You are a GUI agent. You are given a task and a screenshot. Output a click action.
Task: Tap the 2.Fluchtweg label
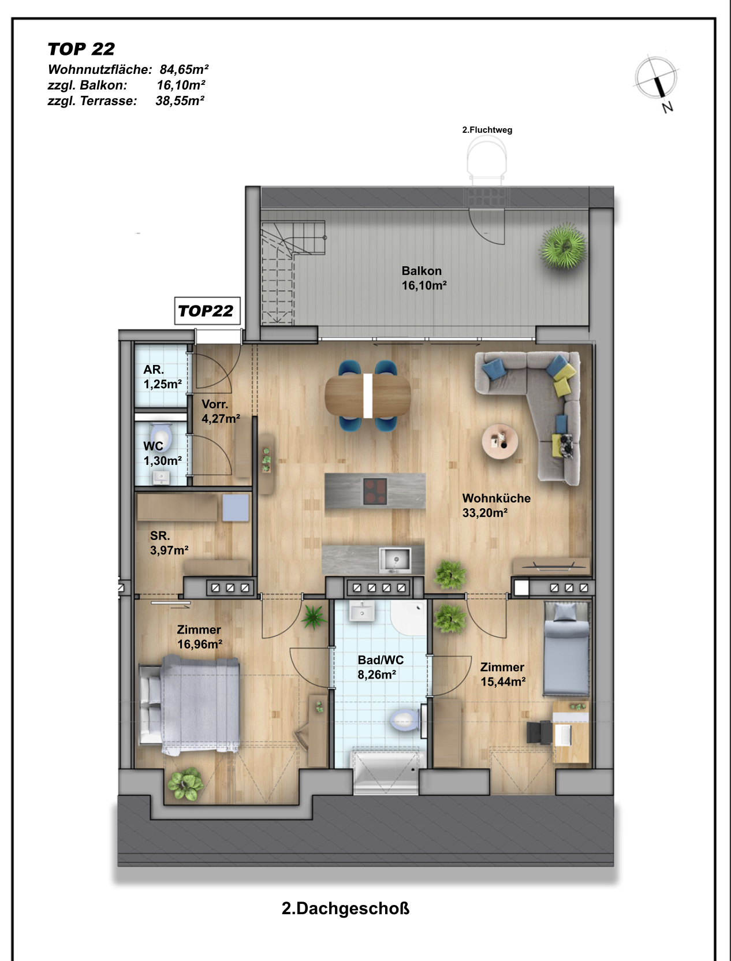point(487,129)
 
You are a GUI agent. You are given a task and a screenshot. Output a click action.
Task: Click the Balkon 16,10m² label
point(424,278)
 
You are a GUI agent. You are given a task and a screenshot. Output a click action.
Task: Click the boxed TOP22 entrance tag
point(207,311)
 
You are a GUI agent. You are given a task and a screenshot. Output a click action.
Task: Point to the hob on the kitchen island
point(375,491)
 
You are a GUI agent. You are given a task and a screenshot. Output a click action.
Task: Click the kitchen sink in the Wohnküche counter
point(395,560)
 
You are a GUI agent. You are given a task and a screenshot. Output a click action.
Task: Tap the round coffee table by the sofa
point(499,441)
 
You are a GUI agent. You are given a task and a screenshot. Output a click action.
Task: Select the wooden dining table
point(368,396)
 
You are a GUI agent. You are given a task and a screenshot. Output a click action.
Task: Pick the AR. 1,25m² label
point(162,377)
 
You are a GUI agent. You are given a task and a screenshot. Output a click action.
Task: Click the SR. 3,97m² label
point(169,543)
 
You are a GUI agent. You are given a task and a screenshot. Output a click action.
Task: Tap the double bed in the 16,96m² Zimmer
point(189,705)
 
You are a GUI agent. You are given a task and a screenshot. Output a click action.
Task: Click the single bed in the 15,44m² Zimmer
point(566,649)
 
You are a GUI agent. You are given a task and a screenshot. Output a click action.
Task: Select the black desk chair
point(539,732)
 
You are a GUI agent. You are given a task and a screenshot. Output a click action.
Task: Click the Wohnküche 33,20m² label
point(496,505)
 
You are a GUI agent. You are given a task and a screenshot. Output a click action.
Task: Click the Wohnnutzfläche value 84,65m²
point(184,69)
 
